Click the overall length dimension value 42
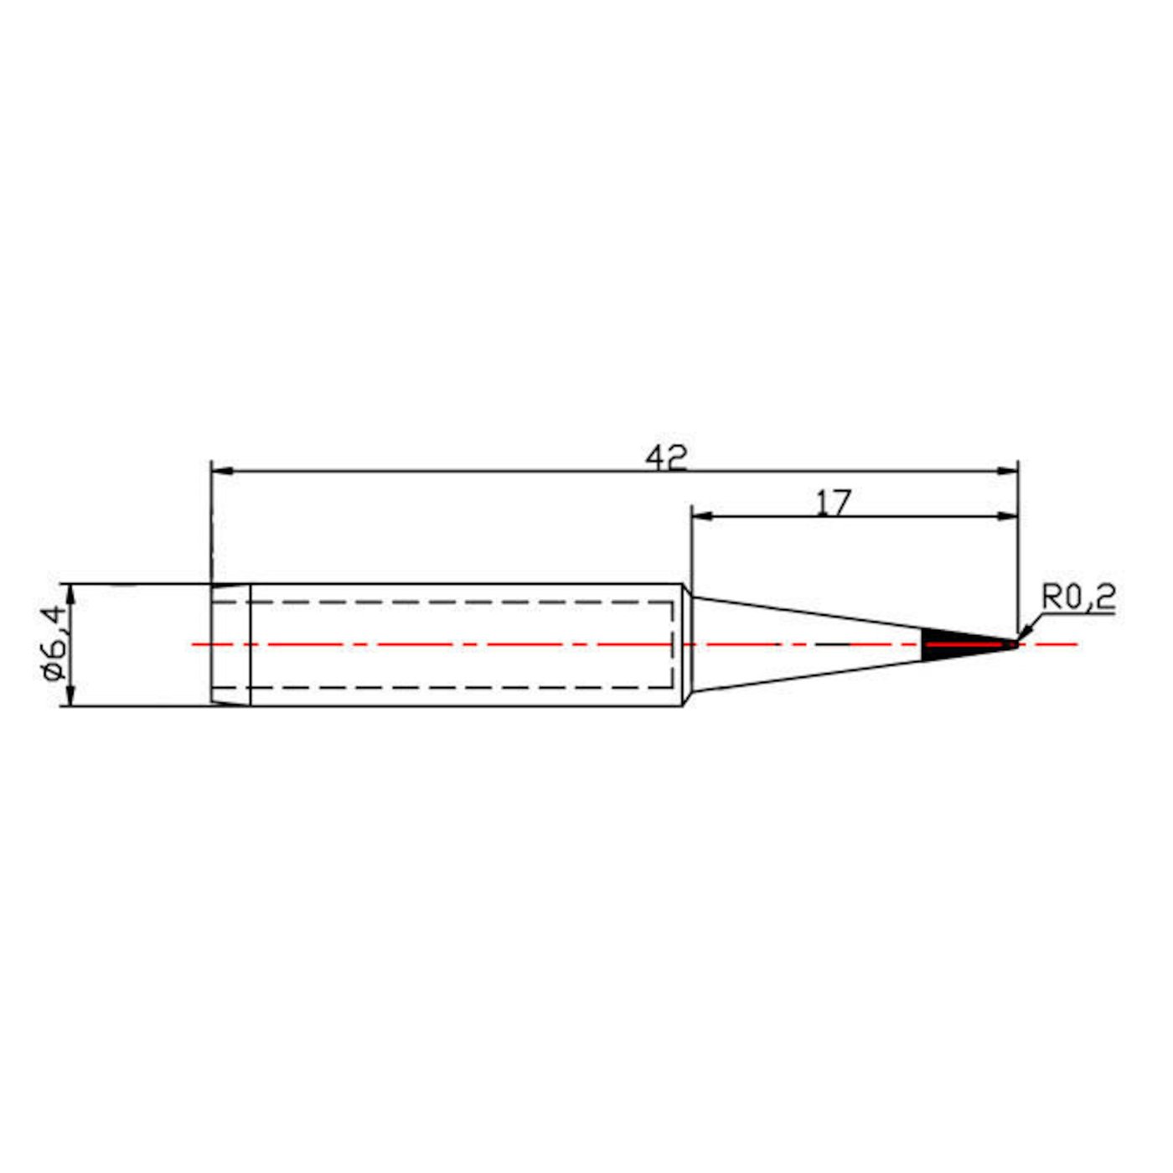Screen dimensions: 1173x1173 pyautogui.click(x=666, y=457)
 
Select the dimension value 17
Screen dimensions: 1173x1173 pyautogui.click(x=833, y=503)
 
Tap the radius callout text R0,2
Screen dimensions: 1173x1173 pyautogui.click(x=1078, y=597)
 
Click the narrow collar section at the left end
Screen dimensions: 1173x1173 pyautogui.click(x=230, y=644)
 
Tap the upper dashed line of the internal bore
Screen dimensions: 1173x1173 pyautogui.click(x=461, y=602)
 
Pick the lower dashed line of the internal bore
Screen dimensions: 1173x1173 pyautogui.click(x=461, y=687)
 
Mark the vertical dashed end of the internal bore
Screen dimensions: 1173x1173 pyautogui.click(x=672, y=644)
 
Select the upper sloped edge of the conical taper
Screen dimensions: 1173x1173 pyautogui.click(x=804, y=613)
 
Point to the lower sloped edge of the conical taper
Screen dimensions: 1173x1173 pyautogui.click(x=804, y=675)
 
